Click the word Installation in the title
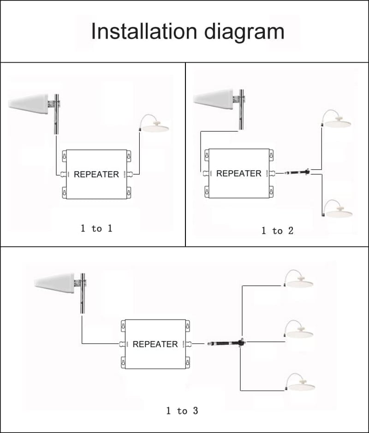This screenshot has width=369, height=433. (144, 31)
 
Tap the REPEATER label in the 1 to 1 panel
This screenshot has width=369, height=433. (96, 174)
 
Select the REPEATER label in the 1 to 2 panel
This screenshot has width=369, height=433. (238, 173)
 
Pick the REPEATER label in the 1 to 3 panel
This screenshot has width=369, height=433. (155, 344)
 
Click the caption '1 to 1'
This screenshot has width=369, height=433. (96, 228)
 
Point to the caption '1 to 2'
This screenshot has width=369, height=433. (277, 231)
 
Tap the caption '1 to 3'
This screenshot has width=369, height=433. (182, 411)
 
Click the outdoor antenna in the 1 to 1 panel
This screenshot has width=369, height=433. (28, 104)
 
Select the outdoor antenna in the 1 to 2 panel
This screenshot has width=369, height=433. (213, 99)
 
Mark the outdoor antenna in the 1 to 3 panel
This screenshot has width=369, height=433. (54, 283)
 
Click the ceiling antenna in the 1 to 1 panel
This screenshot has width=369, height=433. (154, 124)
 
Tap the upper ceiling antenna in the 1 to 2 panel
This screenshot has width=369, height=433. (336, 119)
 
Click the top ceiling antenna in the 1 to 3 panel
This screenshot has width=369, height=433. (298, 279)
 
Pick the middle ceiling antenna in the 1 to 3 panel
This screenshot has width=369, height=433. (299, 329)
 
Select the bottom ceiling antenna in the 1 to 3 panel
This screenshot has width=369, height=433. (300, 382)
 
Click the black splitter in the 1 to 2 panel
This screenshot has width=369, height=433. (298, 172)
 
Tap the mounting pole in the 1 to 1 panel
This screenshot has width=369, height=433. (56, 114)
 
